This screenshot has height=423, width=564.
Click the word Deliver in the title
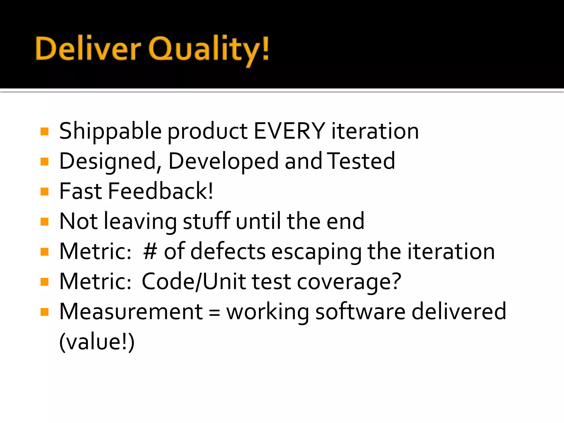pos(88,49)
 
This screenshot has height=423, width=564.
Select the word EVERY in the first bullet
pos(289,131)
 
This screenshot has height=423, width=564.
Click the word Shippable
pos(110,132)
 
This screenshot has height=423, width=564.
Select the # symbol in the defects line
pos(150,251)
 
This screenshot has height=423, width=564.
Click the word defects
pos(228,251)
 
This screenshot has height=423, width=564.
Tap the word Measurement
pos(131,311)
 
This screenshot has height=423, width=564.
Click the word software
pos(360,311)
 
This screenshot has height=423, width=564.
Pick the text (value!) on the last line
pos(97,342)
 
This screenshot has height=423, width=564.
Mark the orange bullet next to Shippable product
pos(44,131)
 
